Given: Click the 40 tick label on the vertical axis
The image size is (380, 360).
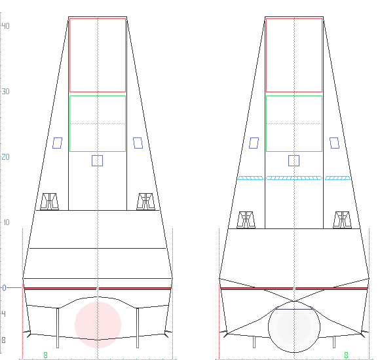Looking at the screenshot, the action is [6, 26].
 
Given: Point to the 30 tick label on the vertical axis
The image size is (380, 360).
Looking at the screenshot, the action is [6, 92].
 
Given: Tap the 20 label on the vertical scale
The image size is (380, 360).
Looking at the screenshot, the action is [6, 157].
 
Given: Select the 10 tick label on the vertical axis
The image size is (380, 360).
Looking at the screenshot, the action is [7, 223].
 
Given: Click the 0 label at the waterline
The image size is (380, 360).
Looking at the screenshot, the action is [4, 288].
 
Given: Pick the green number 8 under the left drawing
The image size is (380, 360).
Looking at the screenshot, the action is [45, 355].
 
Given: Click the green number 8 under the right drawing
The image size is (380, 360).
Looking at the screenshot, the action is [346, 355].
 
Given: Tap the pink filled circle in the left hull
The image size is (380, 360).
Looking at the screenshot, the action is [98, 325].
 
